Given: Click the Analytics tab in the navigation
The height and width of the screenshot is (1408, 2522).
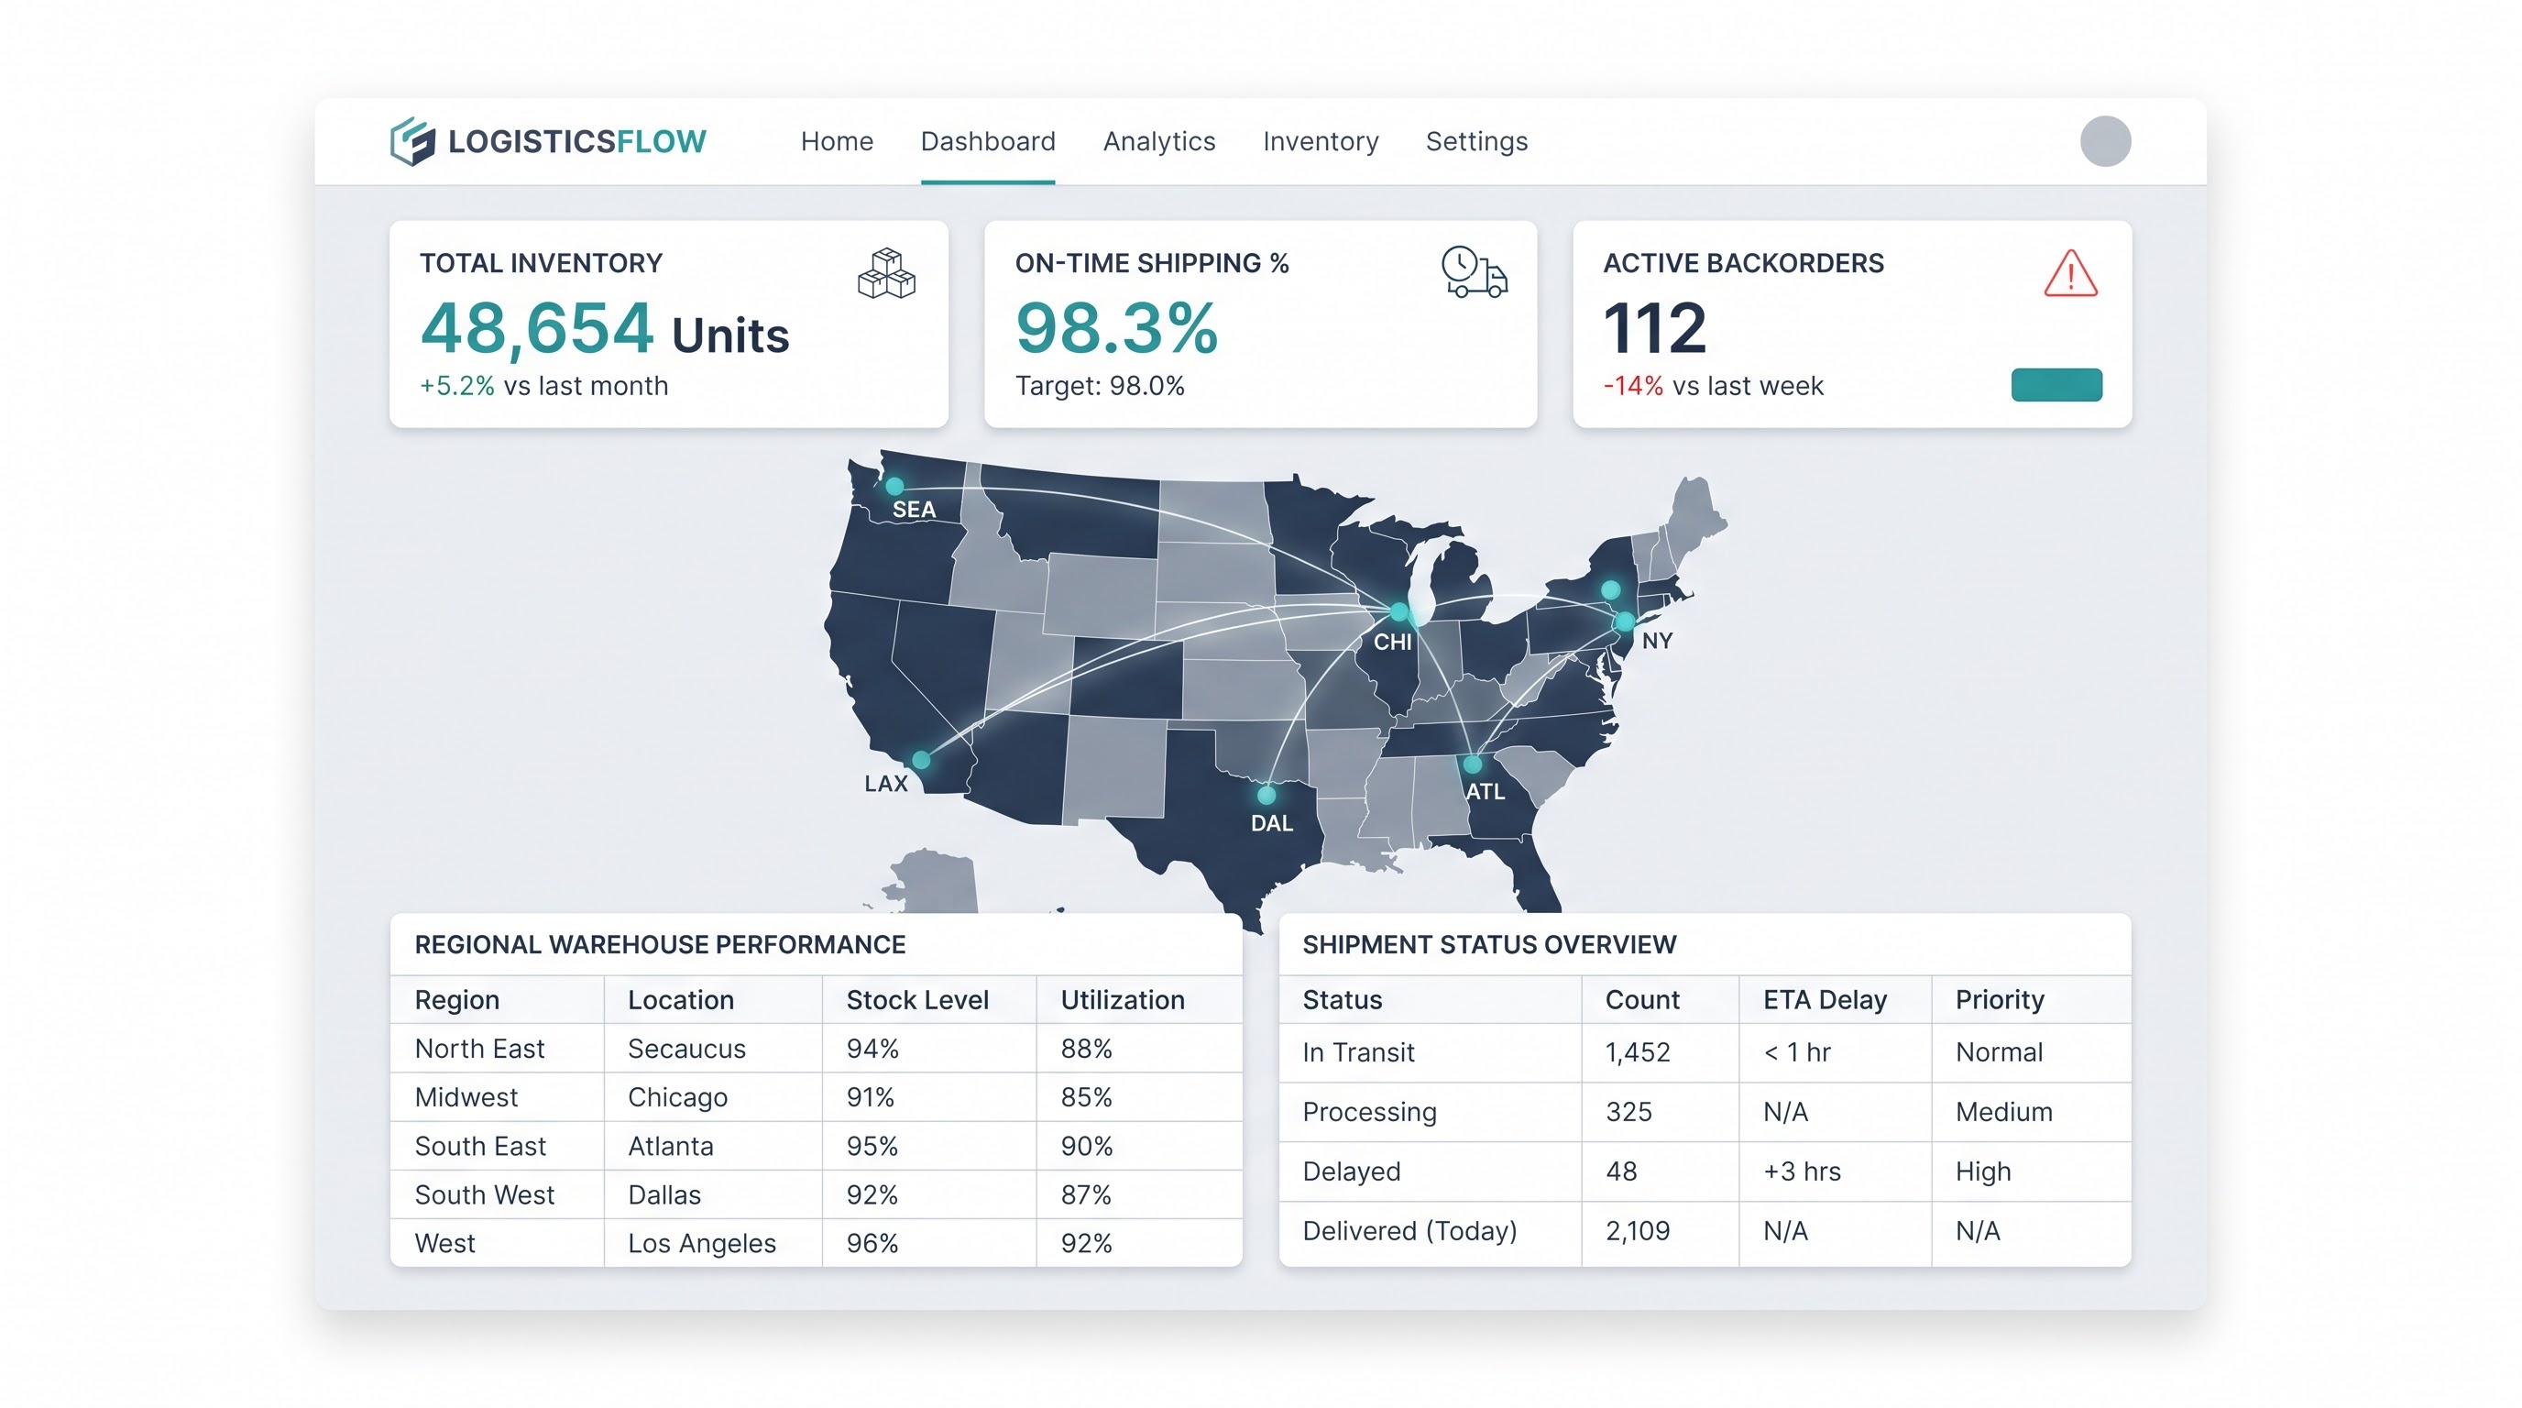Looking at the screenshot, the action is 1159,141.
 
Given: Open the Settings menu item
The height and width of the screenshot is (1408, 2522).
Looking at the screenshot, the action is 1476,142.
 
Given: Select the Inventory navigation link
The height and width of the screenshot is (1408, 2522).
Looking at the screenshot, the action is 1321,142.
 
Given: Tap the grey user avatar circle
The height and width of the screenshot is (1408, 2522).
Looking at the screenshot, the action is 2105,141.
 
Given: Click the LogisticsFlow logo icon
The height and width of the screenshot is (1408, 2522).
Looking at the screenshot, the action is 412,142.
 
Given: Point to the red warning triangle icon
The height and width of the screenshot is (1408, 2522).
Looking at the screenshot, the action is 2071,273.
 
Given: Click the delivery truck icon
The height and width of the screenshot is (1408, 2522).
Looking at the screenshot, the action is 1475,272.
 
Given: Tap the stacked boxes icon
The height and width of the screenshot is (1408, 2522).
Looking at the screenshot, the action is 886,273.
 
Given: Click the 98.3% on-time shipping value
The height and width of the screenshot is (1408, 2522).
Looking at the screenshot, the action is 1116,328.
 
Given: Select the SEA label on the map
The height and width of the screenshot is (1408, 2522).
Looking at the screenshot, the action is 914,509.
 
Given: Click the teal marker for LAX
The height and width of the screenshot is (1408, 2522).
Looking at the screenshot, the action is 921,760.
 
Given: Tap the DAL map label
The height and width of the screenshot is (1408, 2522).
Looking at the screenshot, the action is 1272,823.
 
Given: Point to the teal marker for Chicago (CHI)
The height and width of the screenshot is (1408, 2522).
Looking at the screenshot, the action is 1399,613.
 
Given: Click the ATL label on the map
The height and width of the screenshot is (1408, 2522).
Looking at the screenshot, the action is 1485,791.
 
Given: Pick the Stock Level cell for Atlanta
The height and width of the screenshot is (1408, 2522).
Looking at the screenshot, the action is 872,1146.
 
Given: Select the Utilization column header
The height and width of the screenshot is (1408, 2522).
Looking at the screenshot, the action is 1123,1000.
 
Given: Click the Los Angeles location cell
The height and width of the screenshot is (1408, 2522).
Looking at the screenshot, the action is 702,1244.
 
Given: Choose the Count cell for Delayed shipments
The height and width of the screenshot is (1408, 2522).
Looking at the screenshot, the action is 1621,1171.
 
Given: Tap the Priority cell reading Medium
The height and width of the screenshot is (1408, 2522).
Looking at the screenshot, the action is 2004,1111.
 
